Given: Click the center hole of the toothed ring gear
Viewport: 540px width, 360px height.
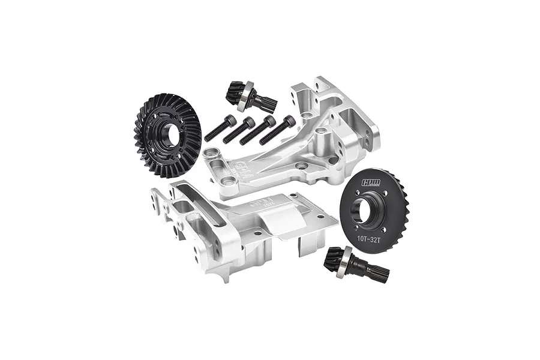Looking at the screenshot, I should pyautogui.click(x=169, y=136).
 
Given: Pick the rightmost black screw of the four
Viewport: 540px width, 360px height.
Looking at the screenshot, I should pyautogui.click(x=278, y=130).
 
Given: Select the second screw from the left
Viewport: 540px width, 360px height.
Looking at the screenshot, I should pyautogui.click(x=238, y=130).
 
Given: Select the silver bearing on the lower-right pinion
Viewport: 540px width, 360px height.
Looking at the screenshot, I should pyautogui.click(x=341, y=268).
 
